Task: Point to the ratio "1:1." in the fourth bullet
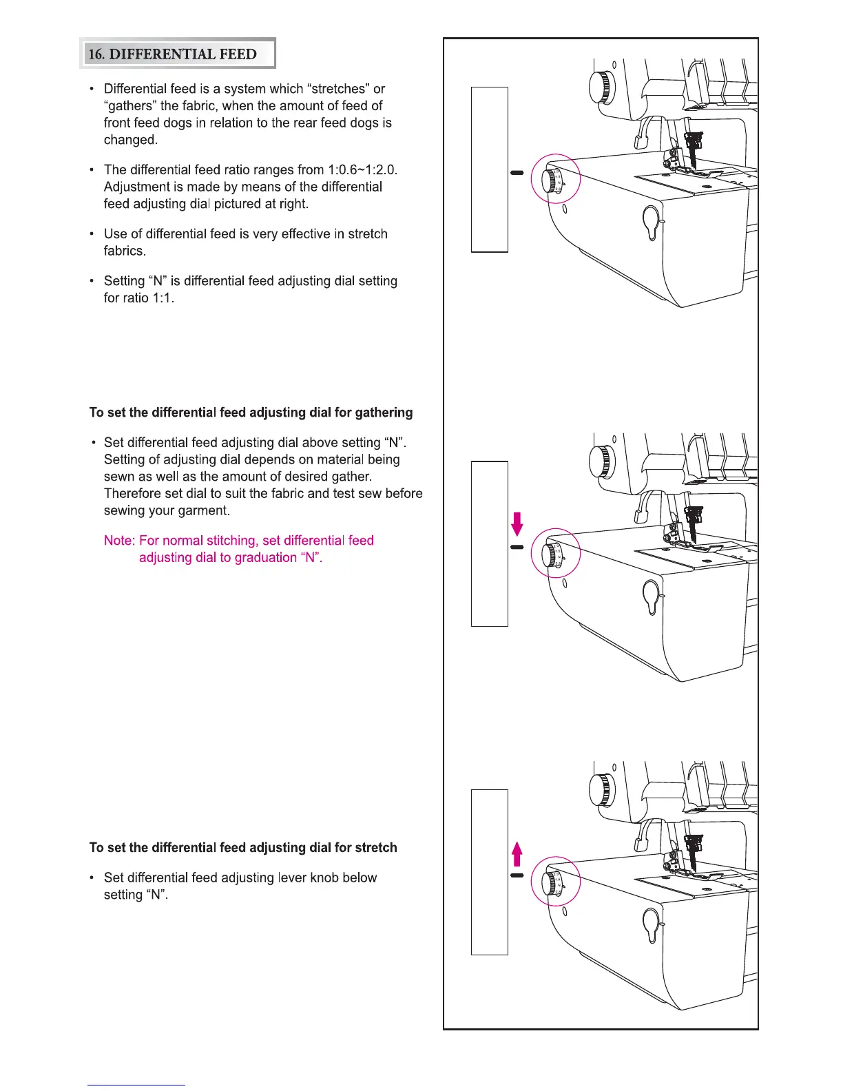[159, 298]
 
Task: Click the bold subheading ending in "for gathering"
[251, 413]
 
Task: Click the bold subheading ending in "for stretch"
[243, 848]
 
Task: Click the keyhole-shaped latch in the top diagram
[652, 220]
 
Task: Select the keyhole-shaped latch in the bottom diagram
[652, 923]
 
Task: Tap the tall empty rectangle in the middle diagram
[489, 544]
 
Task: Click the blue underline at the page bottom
[136, 1085]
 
